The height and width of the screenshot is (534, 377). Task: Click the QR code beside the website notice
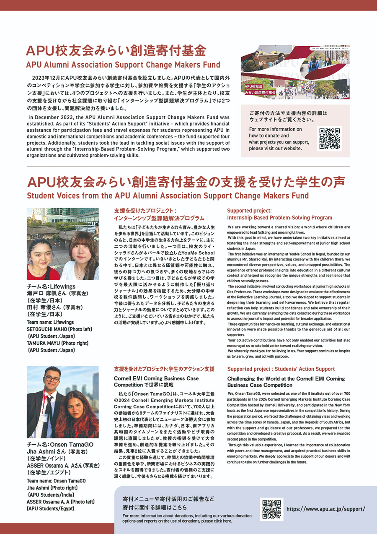coord(330,138)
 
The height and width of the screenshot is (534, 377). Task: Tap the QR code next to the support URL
coord(271,509)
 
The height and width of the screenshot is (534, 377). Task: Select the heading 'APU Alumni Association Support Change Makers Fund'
coord(123,65)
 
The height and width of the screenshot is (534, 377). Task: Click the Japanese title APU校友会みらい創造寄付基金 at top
coord(116,51)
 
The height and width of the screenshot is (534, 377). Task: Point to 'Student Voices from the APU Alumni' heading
coord(168,195)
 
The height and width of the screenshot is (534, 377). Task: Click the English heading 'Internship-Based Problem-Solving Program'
coord(279,218)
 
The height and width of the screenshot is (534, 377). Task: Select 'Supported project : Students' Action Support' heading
coord(281,369)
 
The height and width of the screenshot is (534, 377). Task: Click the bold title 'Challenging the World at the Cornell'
coord(286,378)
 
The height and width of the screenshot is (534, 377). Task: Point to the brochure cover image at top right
coord(295,72)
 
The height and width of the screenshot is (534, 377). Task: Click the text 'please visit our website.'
coord(275,148)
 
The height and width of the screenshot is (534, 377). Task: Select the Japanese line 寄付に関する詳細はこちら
coord(155,508)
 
